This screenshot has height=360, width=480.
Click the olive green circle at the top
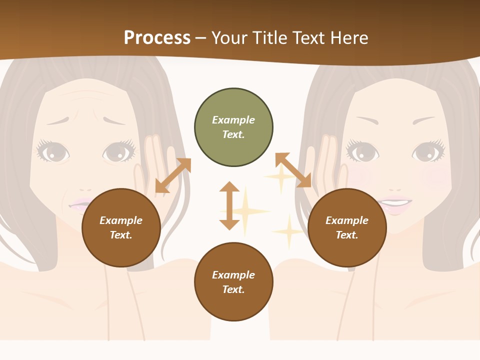click(x=233, y=127)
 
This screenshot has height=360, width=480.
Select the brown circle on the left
click(x=121, y=227)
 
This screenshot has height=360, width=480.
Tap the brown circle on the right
click(x=347, y=227)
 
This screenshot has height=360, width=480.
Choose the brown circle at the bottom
click(x=233, y=282)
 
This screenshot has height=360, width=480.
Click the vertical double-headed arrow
click(x=229, y=205)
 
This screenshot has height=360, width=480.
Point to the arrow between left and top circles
click(x=173, y=175)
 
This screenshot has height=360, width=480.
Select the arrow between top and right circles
click(x=293, y=170)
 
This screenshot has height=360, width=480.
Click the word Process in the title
click(x=157, y=37)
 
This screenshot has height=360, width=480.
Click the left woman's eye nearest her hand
click(x=118, y=151)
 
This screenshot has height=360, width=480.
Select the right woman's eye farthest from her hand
click(x=427, y=151)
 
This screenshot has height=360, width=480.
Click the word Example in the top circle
click(x=233, y=120)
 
